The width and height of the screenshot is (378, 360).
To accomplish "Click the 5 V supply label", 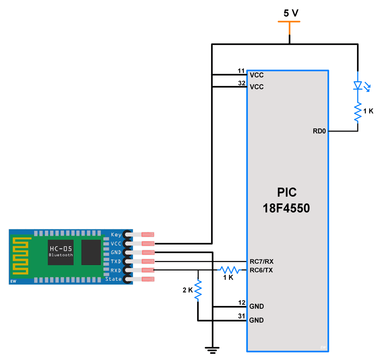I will [x=291, y=13].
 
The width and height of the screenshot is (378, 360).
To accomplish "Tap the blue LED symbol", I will [x=357, y=85].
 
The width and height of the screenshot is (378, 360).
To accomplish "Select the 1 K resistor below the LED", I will [x=357, y=112].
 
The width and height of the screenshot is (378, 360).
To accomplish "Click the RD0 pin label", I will [x=319, y=131].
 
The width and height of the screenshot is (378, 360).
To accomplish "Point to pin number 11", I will [x=241, y=71].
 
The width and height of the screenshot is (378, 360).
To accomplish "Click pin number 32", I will [x=241, y=83].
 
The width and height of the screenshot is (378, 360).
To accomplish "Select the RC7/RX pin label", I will [x=261, y=261].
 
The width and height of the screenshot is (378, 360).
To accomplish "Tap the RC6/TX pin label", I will [x=261, y=270].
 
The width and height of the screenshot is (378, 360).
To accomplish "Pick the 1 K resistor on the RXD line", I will [x=230, y=270].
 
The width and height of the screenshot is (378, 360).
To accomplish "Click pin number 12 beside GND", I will [x=241, y=303].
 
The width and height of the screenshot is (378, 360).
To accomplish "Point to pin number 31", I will [x=241, y=316].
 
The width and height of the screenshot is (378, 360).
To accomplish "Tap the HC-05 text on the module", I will [x=61, y=249].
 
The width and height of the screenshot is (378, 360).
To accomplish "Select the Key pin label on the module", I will [x=116, y=235].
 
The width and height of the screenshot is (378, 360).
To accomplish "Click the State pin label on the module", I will [x=113, y=279].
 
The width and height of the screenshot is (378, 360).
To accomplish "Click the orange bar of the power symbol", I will [x=289, y=22].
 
